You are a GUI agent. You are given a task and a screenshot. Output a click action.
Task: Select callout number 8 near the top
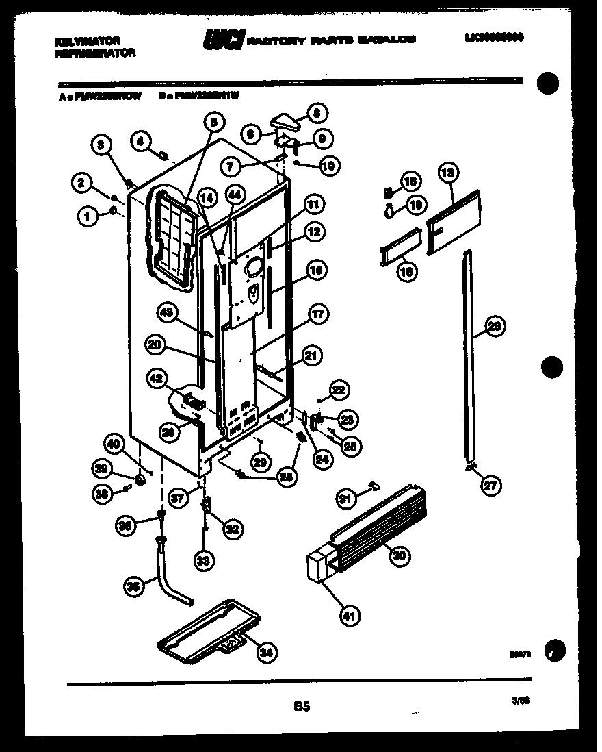(317, 113)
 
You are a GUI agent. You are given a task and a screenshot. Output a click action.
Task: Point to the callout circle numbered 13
(447, 174)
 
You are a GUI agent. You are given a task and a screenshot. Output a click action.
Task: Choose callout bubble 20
(156, 346)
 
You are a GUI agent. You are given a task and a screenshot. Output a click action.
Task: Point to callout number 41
(349, 616)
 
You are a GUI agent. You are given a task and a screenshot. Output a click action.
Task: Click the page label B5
(301, 706)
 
